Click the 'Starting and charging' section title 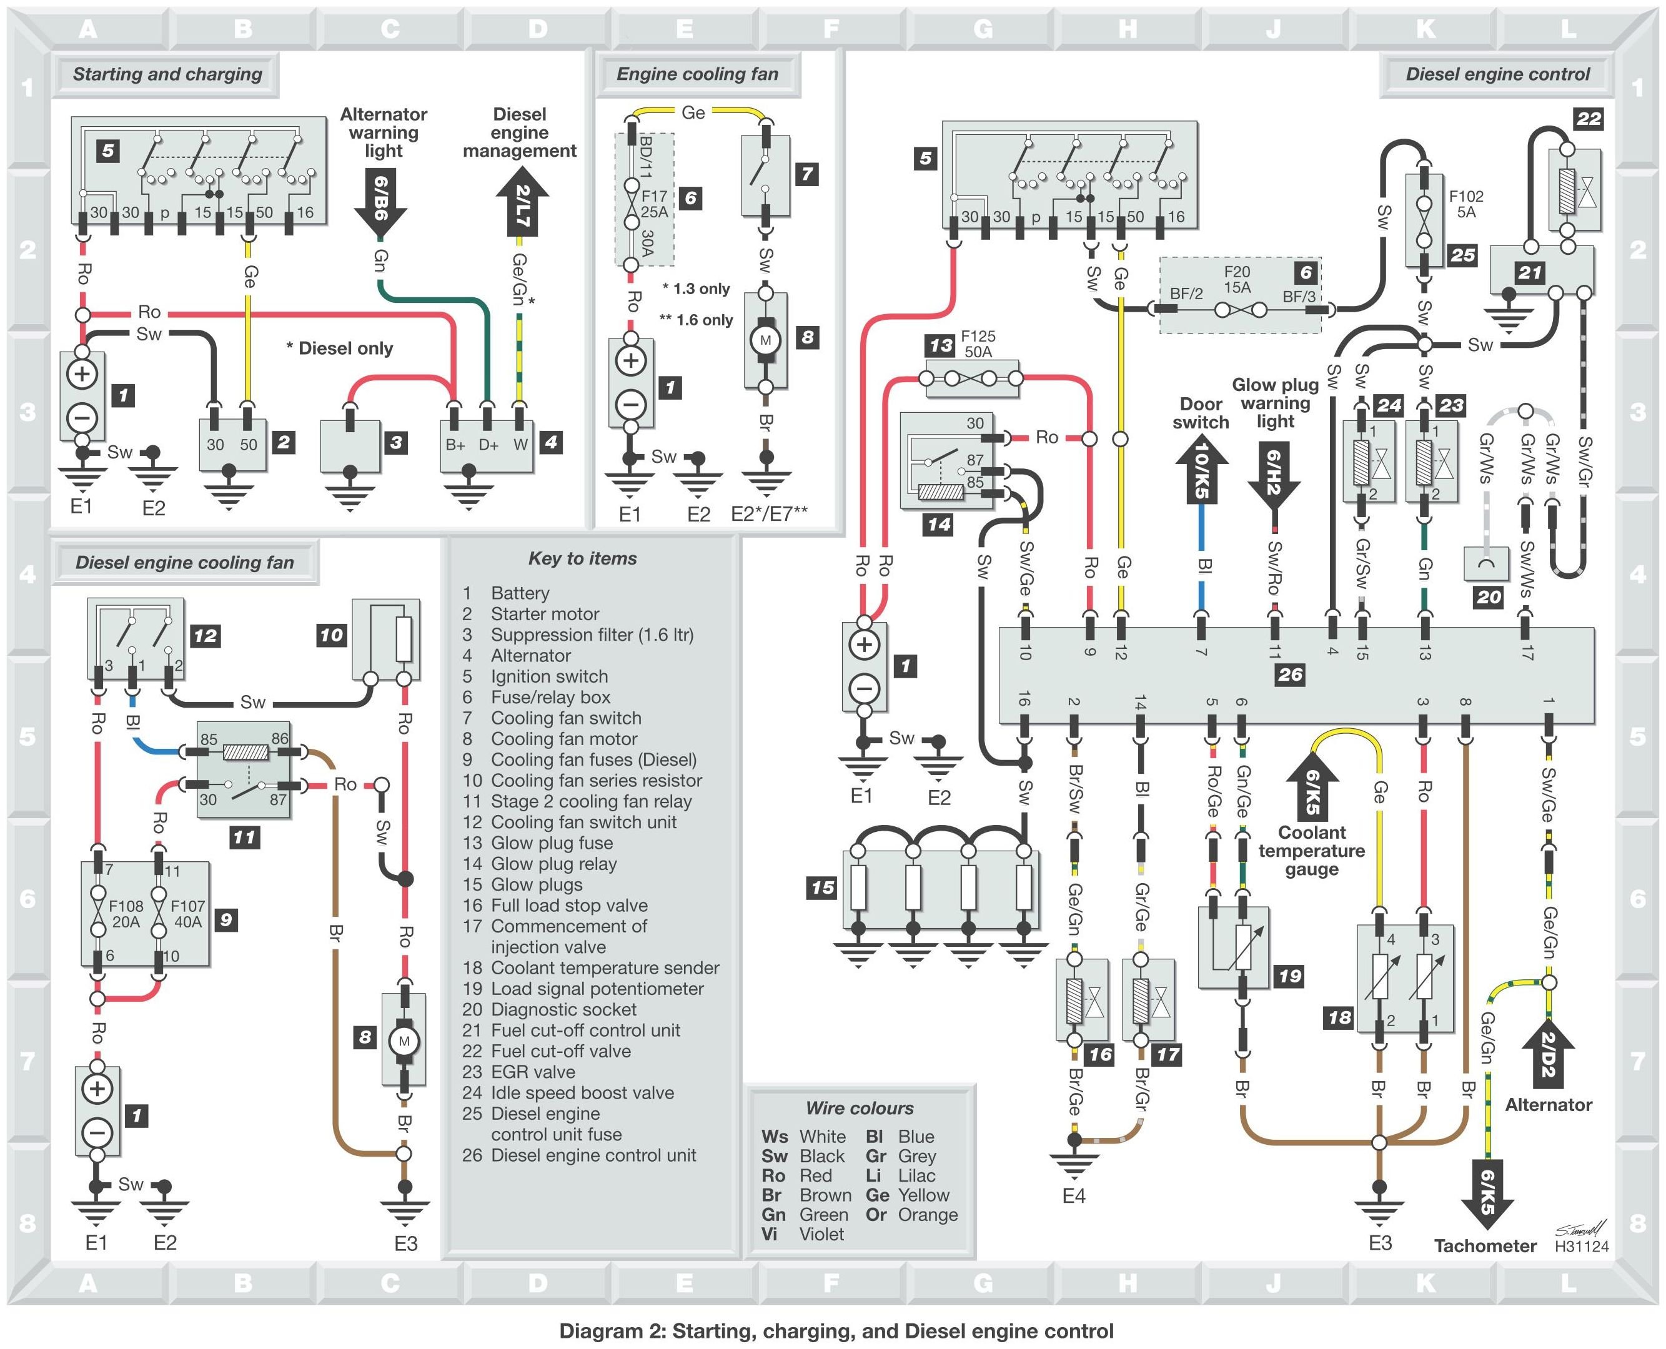(167, 74)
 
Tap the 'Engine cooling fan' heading (697, 74)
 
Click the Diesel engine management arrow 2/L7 (522, 204)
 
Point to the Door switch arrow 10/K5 (1201, 472)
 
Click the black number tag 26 (1290, 674)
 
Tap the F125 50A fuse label (978, 343)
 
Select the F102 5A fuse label (1465, 204)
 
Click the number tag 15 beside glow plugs (823, 887)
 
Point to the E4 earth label (1073, 1196)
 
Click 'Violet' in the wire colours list (821, 1234)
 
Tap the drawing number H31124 (1581, 1247)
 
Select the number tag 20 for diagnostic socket (1489, 597)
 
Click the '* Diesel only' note (340, 348)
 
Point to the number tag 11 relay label (244, 838)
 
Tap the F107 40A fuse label (187, 914)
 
